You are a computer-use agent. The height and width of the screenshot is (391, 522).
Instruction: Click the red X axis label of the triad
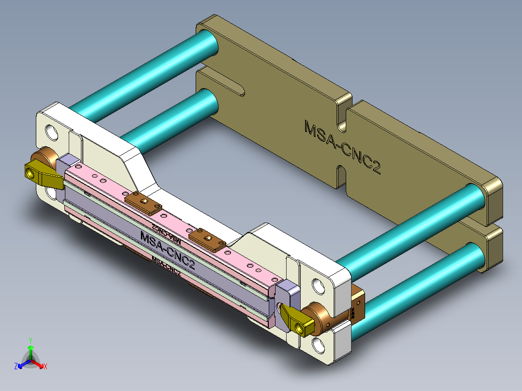tap(45, 366)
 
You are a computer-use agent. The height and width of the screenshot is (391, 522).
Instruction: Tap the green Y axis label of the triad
tap(30, 340)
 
